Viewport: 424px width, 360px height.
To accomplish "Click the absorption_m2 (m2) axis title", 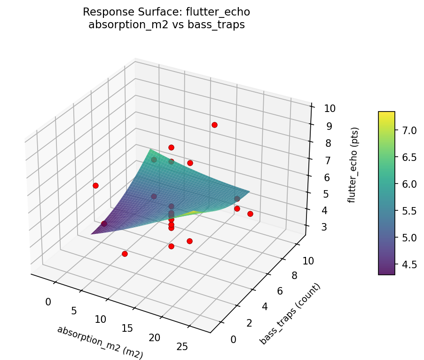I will (100, 343).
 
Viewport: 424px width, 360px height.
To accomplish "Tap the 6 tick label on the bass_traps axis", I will (279, 291).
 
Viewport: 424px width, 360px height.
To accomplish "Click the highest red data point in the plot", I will (214, 125).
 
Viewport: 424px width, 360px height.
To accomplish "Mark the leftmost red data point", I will (95, 185).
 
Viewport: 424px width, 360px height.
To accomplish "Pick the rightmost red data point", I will (250, 214).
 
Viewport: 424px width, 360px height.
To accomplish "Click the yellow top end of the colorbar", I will (386, 114).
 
